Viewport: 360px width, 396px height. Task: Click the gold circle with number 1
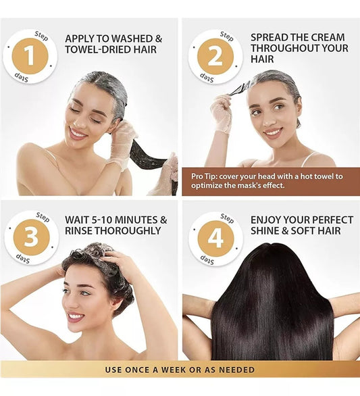[30, 56]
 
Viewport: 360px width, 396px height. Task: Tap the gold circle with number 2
[215, 57]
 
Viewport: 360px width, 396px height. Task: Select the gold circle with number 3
[31, 237]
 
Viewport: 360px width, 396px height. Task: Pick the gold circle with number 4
[216, 239]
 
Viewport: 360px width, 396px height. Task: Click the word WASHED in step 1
[132, 39]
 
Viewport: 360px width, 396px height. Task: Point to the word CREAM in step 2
[326, 37]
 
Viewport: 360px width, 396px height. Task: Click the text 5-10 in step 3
[102, 220]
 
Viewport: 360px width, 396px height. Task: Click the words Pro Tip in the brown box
[203, 176]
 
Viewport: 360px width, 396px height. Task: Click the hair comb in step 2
[237, 89]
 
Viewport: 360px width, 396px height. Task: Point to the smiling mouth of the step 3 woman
[76, 317]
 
